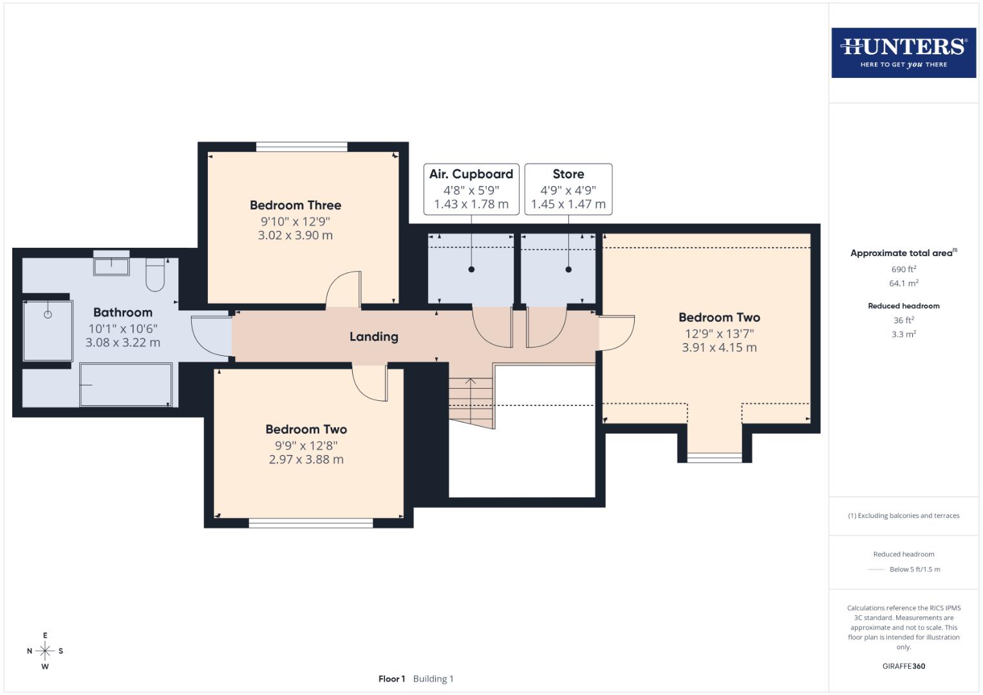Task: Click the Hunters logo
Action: [x=903, y=53]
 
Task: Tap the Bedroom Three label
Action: [x=295, y=205]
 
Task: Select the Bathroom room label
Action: [x=122, y=312]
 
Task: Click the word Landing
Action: [x=373, y=337]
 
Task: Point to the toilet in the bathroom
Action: [x=156, y=274]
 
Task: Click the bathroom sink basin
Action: [x=111, y=265]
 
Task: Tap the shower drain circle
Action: [x=48, y=315]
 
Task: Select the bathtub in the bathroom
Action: [x=126, y=385]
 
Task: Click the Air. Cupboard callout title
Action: [x=471, y=174]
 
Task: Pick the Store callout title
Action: [x=568, y=174]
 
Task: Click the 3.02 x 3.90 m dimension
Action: [x=295, y=236]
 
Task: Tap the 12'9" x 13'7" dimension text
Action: [x=719, y=333]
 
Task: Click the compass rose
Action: [x=45, y=651]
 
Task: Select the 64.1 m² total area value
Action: [x=903, y=283]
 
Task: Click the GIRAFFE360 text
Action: [x=903, y=666]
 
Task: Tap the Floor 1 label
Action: [x=391, y=679]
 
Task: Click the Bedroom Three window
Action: [x=301, y=147]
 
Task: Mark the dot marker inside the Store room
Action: [x=568, y=270]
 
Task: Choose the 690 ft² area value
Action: [x=903, y=269]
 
